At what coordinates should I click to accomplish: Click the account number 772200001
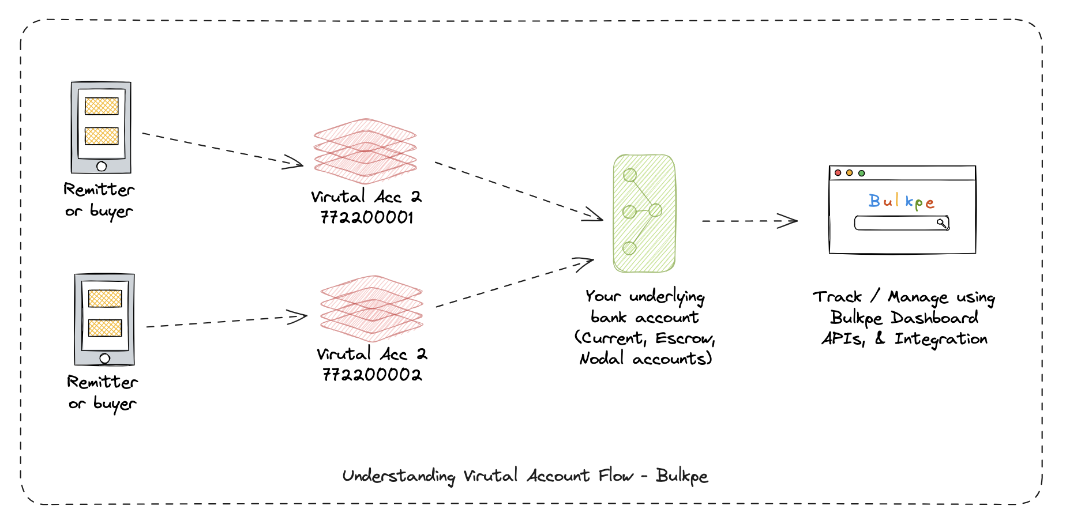(x=367, y=218)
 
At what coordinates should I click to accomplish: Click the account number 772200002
(x=372, y=375)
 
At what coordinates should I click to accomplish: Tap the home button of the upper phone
(x=102, y=167)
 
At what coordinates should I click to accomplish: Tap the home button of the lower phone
(x=105, y=359)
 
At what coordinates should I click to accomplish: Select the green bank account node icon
(x=644, y=213)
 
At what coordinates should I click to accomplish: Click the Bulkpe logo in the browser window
(x=901, y=201)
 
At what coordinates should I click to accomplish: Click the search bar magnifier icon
(x=941, y=223)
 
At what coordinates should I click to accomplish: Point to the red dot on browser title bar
(x=838, y=173)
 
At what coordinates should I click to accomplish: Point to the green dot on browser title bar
(x=862, y=173)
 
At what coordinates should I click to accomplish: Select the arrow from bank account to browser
(x=750, y=221)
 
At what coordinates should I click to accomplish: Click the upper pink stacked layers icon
(x=365, y=152)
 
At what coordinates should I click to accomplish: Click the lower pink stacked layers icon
(x=372, y=309)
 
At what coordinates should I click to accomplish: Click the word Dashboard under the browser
(x=934, y=318)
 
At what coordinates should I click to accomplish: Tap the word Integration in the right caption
(x=941, y=340)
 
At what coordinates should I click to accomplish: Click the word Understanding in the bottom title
(x=399, y=476)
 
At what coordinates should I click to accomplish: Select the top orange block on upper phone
(x=102, y=106)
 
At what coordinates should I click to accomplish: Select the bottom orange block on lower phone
(x=105, y=328)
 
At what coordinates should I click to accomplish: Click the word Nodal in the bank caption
(x=602, y=359)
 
